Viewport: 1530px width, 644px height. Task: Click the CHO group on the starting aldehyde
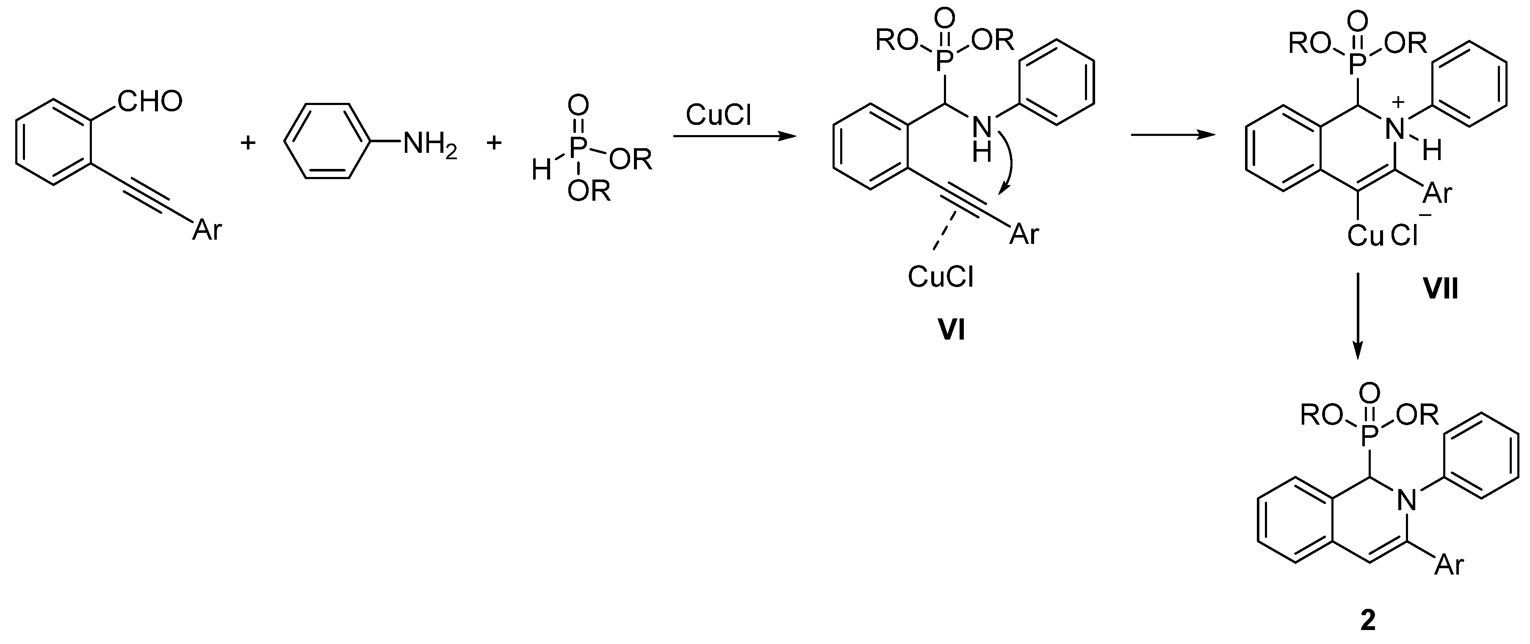click(149, 102)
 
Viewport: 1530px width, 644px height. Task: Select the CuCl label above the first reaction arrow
click(719, 115)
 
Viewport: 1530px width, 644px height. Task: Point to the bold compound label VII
click(1440, 289)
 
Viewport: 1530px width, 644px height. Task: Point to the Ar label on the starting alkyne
click(207, 229)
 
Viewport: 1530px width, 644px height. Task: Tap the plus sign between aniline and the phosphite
click(494, 143)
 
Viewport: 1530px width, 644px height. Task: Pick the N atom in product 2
click(1406, 501)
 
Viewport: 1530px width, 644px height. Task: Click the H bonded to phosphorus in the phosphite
click(541, 171)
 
